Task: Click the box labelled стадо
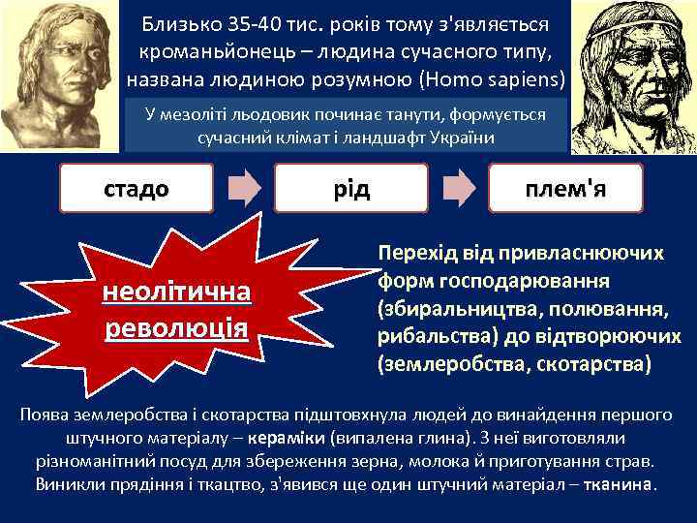[136, 188]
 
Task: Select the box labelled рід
[351, 188]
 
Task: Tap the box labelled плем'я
[567, 188]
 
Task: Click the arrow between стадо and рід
[245, 188]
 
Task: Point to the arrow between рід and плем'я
[460, 188]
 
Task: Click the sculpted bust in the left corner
[60, 73]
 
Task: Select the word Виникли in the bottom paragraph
[69, 483]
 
